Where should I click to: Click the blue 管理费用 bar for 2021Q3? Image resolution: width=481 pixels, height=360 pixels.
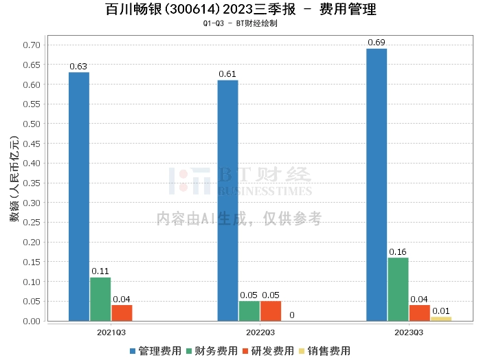(79, 196)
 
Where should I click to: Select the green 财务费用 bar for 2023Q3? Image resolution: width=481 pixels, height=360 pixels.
(398, 289)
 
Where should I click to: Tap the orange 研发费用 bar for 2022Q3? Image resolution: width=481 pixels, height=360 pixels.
(271, 311)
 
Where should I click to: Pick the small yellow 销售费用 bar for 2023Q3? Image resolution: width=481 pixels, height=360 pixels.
(441, 319)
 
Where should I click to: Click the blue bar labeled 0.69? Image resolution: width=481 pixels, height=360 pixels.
(377, 185)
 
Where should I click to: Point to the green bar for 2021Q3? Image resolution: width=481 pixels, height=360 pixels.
(100, 300)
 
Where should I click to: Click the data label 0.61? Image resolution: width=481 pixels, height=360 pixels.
(227, 74)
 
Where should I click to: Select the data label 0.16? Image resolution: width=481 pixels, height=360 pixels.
(398, 251)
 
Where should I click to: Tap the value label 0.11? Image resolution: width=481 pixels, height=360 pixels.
(100, 271)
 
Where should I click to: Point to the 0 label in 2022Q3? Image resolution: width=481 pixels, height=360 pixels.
(292, 315)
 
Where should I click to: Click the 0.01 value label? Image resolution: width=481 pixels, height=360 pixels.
(441, 311)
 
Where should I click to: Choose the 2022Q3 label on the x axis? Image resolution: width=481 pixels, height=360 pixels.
(260, 333)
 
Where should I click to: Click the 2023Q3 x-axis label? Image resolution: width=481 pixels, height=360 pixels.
(409, 333)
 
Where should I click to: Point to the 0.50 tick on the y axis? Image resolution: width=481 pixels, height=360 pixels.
(32, 124)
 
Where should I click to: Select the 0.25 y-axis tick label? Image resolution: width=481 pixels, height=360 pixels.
(32, 223)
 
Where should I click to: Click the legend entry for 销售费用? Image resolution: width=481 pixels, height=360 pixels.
(325, 351)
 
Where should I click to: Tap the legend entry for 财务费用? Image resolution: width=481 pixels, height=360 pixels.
(212, 351)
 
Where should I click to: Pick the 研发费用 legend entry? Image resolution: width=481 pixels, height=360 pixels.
(268, 351)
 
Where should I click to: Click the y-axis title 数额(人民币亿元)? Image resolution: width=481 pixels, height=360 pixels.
(14, 179)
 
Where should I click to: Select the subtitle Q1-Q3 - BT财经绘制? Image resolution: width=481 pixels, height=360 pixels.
(240, 23)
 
